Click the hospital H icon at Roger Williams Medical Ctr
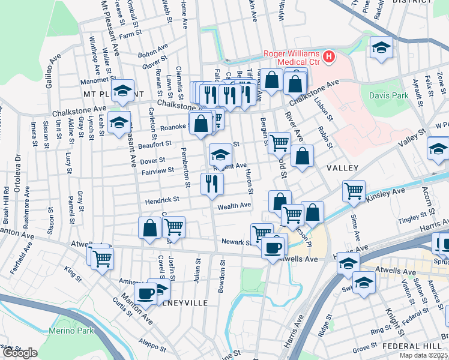coord(329,58)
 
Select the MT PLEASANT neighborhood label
coord(113,95)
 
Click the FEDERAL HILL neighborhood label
coord(414,347)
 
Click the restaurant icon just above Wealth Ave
coord(212,183)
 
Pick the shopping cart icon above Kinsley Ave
coord(354,191)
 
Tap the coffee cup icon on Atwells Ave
coord(273,246)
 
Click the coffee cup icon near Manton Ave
coord(145,294)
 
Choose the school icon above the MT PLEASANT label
coord(123,91)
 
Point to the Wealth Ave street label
coord(234,206)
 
